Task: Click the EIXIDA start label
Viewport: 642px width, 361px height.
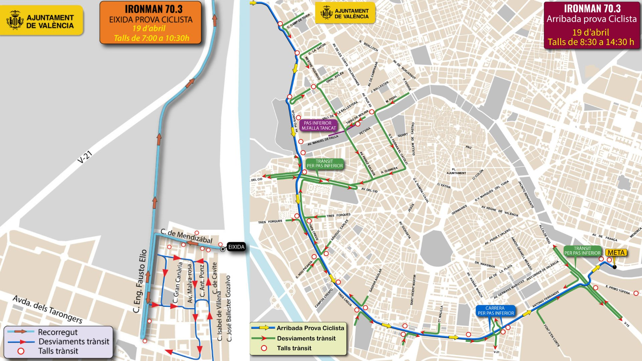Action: (236, 247)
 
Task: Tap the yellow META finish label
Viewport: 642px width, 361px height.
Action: (616, 253)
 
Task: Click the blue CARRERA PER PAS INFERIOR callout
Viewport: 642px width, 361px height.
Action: (495, 311)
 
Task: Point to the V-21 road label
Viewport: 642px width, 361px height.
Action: (85, 157)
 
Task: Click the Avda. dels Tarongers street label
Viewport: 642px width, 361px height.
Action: (47, 309)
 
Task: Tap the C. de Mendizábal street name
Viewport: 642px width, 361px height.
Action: (186, 236)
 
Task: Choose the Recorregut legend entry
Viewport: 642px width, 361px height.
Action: (58, 332)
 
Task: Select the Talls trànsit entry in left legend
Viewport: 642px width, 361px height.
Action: (58, 351)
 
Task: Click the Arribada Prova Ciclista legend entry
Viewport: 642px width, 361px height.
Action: (310, 328)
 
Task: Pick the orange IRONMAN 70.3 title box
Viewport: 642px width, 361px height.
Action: (150, 22)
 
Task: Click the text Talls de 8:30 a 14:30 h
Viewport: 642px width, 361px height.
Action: (591, 42)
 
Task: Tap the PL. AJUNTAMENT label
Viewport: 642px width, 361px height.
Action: (456, 171)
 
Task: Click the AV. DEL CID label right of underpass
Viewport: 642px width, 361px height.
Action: (369, 190)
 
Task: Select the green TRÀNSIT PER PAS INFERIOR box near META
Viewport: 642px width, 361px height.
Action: (582, 251)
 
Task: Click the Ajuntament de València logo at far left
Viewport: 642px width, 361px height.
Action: (41, 20)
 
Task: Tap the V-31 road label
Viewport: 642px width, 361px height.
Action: (496, 352)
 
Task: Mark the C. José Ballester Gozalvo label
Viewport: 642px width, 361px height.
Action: (229, 308)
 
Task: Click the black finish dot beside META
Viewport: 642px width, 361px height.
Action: (615, 267)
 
